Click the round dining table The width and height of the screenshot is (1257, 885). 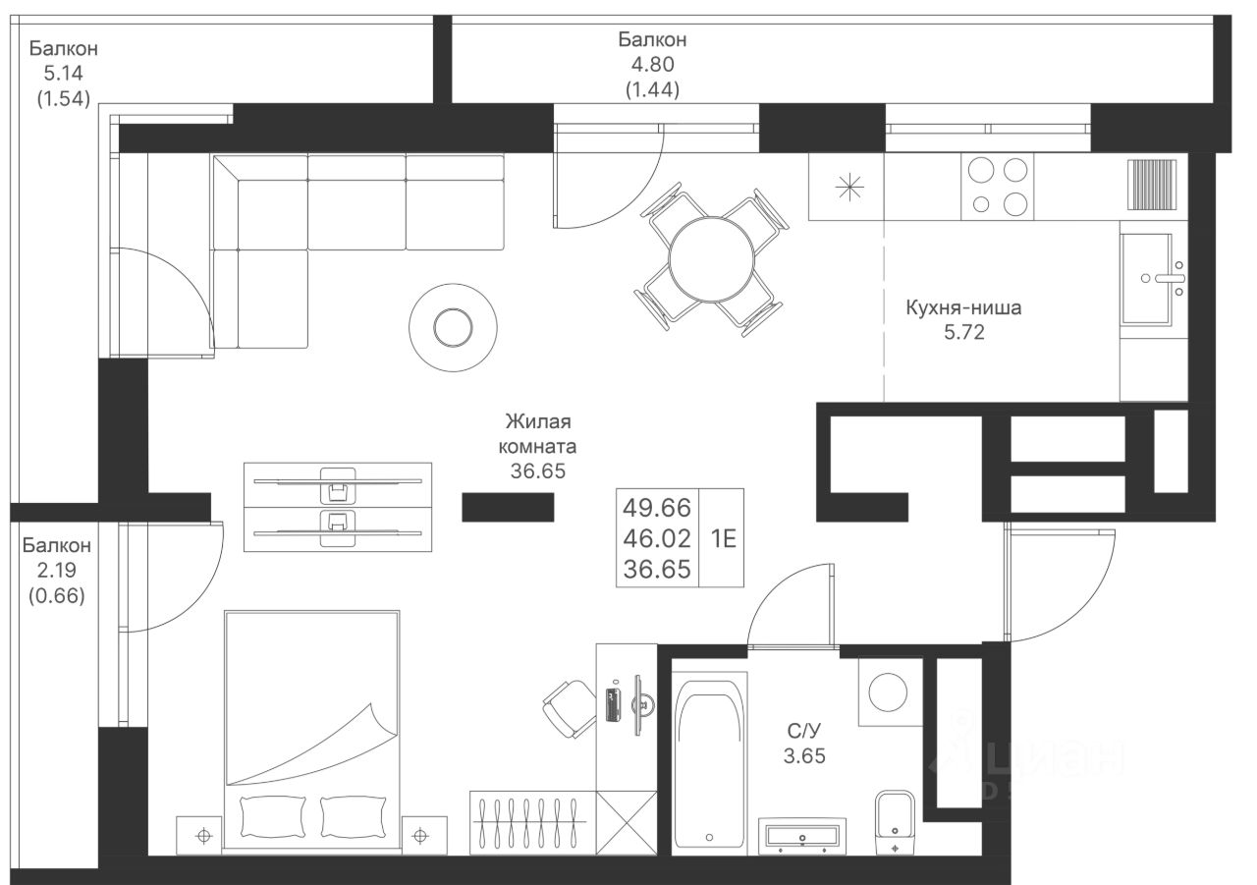tap(711, 258)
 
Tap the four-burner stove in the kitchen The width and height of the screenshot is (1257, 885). tap(997, 186)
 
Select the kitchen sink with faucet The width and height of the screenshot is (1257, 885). tap(1154, 279)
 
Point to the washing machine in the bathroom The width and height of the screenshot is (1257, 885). tap(890, 691)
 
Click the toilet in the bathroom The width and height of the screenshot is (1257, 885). tap(895, 822)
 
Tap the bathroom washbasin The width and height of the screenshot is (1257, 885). tap(802, 836)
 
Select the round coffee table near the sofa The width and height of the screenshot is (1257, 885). tap(453, 328)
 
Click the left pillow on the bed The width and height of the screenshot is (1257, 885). tap(273, 816)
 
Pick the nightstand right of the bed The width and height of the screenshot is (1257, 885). tap(425, 836)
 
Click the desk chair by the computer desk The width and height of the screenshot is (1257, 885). tap(570, 709)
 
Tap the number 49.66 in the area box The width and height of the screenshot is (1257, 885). tap(657, 507)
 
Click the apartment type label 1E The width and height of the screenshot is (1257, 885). tap(724, 538)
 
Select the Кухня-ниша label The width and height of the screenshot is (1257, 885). tap(963, 307)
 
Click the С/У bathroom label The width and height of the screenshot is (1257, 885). tap(803, 731)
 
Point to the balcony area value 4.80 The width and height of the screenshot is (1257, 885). tap(653, 65)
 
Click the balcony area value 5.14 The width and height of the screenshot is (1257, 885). tap(64, 73)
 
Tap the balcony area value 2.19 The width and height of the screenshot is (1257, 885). tap(57, 570)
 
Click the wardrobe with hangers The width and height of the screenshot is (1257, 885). tap(532, 823)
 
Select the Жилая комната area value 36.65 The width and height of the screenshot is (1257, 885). tap(537, 470)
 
